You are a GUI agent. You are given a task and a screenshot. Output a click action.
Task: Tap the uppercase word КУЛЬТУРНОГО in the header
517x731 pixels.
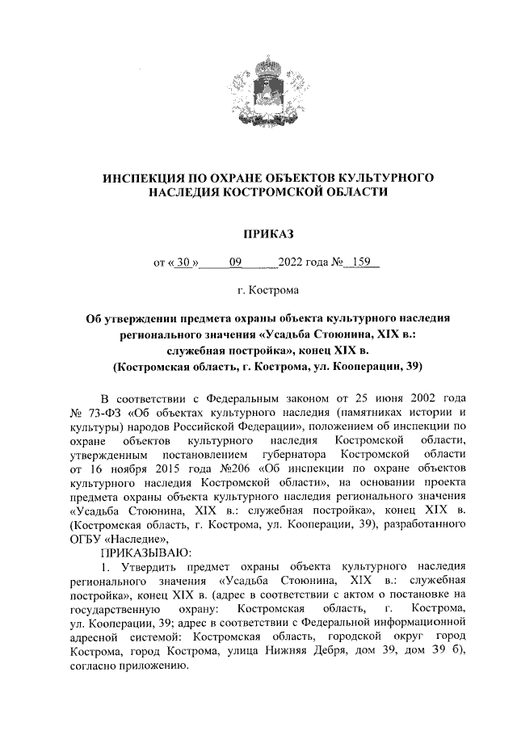click(387, 175)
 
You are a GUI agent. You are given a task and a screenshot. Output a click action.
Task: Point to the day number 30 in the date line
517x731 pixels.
click(185, 262)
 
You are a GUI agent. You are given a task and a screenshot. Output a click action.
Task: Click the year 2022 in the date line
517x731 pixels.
click(292, 262)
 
